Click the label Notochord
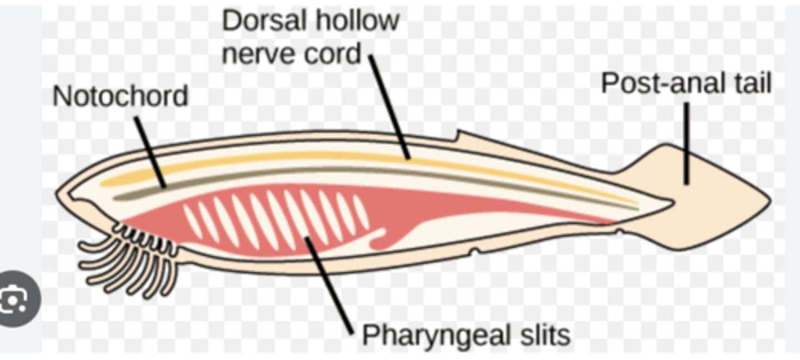(x=120, y=97)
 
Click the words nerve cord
(x=291, y=54)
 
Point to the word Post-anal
(x=661, y=83)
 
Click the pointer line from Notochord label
(x=150, y=152)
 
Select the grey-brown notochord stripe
(x=333, y=170)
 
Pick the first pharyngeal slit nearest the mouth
(x=193, y=222)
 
